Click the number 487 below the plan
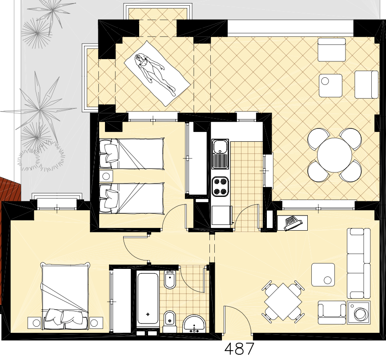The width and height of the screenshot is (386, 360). click(239, 349)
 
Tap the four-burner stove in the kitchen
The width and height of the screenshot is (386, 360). click(220, 186)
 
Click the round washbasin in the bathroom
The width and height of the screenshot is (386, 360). click(194, 324)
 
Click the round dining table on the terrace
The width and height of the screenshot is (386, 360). click(334, 155)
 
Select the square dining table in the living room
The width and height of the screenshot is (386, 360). click(283, 302)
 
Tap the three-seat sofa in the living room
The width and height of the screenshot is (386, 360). click(358, 263)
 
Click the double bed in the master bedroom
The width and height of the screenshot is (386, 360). click(65, 297)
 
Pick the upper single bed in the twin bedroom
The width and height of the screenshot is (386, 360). click(131, 154)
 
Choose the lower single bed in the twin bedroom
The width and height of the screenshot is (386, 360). click(132, 198)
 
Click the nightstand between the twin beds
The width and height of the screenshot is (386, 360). click(106, 176)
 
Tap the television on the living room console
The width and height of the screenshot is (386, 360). click(293, 223)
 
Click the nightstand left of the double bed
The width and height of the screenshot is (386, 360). click(34, 323)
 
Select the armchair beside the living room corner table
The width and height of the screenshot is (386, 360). click(332, 312)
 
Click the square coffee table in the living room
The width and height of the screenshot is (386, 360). click(323, 275)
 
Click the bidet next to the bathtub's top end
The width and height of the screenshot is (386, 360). click(170, 280)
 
